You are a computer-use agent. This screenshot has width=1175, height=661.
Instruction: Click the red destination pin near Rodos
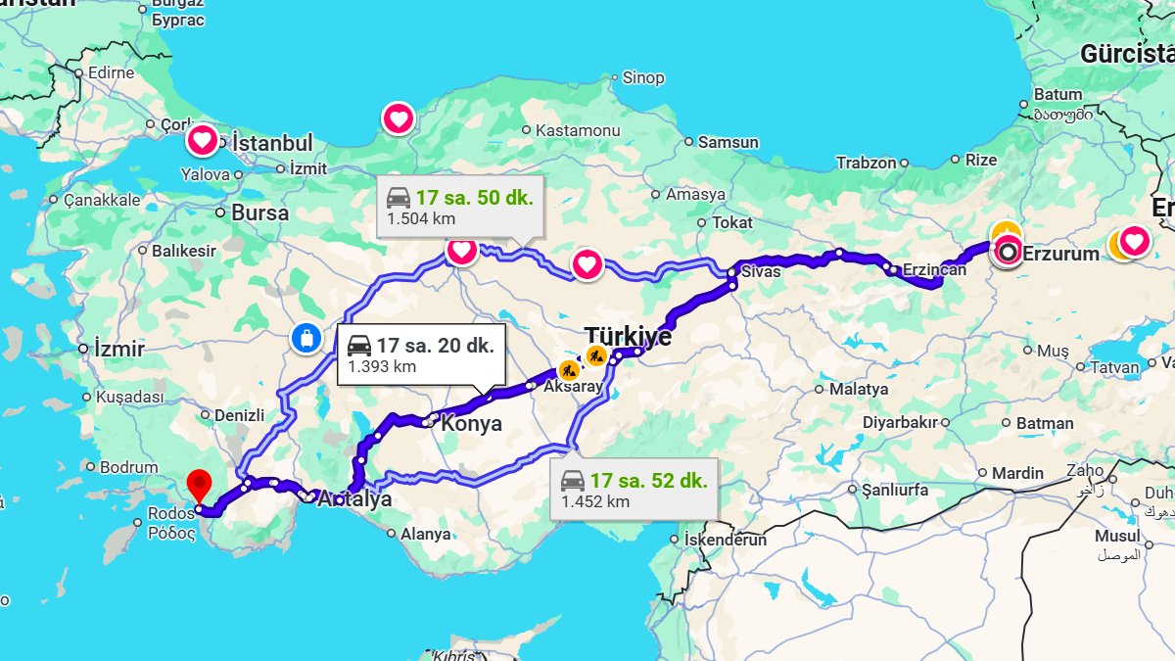click(x=200, y=485)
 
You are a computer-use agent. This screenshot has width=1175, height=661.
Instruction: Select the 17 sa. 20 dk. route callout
click(x=422, y=354)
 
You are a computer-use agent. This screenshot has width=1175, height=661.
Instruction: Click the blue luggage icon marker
click(x=306, y=339)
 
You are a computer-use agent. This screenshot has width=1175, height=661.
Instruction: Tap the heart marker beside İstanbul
click(x=203, y=141)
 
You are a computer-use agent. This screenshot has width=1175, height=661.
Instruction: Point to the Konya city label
click(x=471, y=424)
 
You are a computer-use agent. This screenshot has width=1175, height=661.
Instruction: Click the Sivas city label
click(x=761, y=271)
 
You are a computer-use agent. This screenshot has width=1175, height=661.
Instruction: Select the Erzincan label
click(x=933, y=270)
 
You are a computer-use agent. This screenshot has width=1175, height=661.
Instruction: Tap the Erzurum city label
click(x=1060, y=254)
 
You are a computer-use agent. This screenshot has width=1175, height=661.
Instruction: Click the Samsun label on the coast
click(x=728, y=142)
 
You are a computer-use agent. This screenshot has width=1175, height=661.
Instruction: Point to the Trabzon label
click(x=866, y=163)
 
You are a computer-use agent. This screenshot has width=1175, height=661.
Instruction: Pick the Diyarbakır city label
click(x=900, y=423)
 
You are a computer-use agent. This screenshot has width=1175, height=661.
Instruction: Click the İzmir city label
click(x=119, y=349)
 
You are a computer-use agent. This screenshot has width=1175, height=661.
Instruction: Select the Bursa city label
click(x=259, y=212)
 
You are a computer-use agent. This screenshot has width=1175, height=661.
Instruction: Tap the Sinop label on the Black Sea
click(x=643, y=77)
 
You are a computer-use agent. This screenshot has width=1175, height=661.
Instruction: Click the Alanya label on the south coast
click(x=426, y=535)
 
